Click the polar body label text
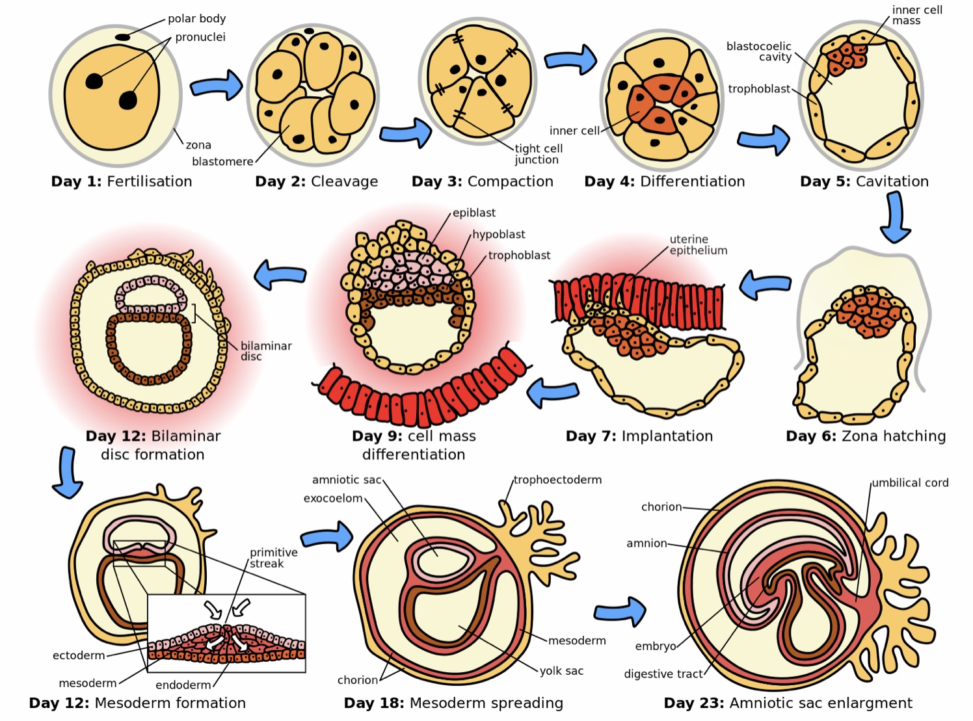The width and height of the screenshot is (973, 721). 196,19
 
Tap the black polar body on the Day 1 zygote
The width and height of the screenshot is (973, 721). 123,38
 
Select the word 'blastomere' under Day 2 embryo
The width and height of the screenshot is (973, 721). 222,161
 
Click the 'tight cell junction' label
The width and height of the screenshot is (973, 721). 538,154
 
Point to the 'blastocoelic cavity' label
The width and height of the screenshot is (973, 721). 760,51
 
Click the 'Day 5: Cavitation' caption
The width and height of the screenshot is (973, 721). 864,181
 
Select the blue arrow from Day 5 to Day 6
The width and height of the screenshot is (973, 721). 896,218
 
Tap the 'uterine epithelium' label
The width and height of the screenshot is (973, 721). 698,245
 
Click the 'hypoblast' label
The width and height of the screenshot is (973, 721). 498,234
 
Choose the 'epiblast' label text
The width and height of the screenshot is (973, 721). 474,213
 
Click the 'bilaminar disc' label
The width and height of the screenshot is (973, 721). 265,351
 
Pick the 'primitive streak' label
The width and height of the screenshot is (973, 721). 273,558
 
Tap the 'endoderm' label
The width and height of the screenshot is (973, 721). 183,685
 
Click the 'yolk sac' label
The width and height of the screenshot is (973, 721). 561,671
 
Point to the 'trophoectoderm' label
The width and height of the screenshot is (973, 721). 557,480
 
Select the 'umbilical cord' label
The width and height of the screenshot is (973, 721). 910,483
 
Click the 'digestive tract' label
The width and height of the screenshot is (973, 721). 663,674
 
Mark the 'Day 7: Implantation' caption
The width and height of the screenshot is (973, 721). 639,436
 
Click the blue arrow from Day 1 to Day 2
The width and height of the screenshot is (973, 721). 216,86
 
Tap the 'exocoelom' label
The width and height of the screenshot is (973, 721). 333,499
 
